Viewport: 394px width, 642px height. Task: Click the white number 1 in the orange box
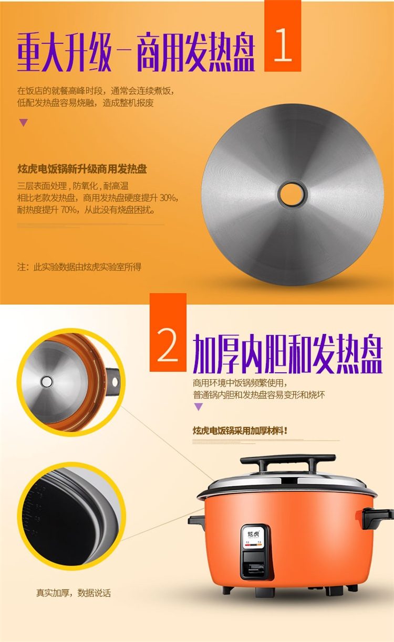point(283,45)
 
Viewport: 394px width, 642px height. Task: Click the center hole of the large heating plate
point(293,194)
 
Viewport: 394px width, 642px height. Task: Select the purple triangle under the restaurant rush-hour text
point(24,122)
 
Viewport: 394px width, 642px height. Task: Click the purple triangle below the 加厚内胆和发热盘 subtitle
point(199,406)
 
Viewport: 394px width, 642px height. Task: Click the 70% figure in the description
point(68,210)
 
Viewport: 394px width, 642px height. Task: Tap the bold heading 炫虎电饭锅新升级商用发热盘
point(82,169)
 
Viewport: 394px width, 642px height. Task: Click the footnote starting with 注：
point(79,267)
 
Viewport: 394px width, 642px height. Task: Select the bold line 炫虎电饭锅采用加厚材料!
point(240,431)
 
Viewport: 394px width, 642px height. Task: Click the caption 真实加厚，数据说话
point(74,593)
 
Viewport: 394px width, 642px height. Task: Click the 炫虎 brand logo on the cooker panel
point(254,534)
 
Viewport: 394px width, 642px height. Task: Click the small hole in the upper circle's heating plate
point(47,382)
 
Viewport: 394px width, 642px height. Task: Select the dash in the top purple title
point(124,52)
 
